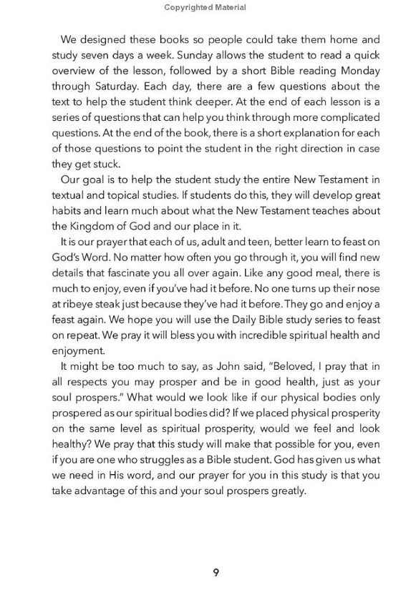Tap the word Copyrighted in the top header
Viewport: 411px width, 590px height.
[188, 8]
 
